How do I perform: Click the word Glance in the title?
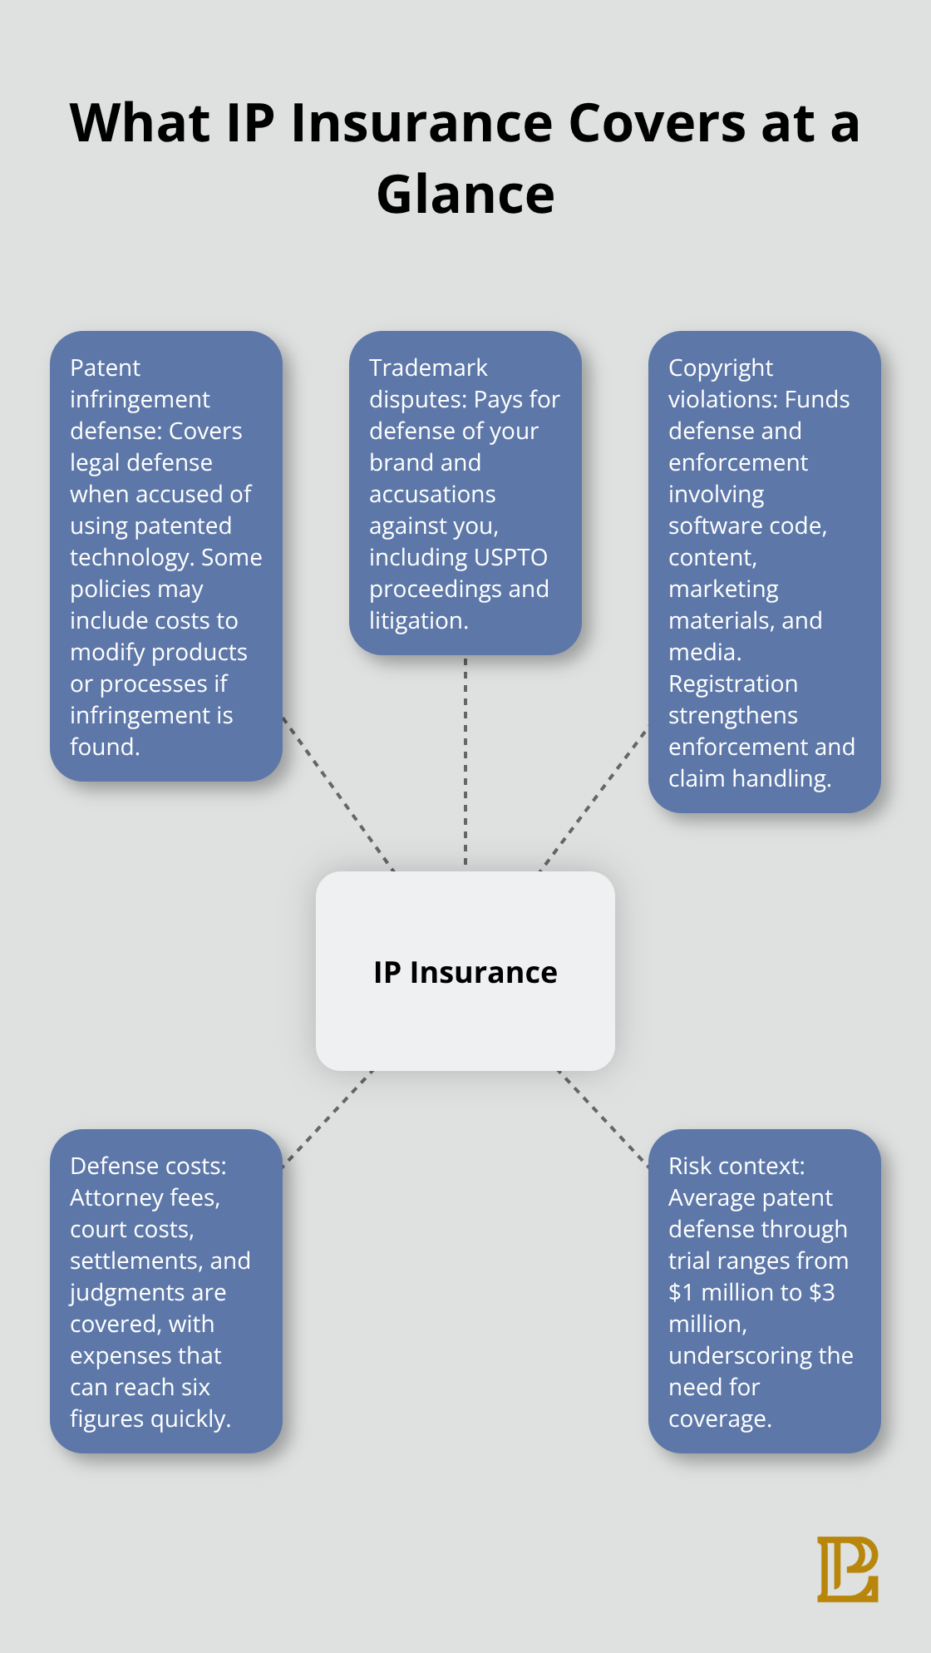click(x=465, y=195)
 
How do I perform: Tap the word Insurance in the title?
click(x=421, y=123)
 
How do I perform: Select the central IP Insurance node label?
click(x=465, y=972)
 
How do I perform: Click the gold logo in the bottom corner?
click(x=847, y=1569)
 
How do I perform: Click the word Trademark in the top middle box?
click(x=428, y=368)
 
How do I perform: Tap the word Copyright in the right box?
click(x=721, y=368)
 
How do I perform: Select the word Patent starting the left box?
click(x=106, y=368)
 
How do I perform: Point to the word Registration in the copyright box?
click(x=733, y=683)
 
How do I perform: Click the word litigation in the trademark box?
click(x=417, y=620)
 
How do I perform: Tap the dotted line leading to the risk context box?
click(x=603, y=1118)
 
